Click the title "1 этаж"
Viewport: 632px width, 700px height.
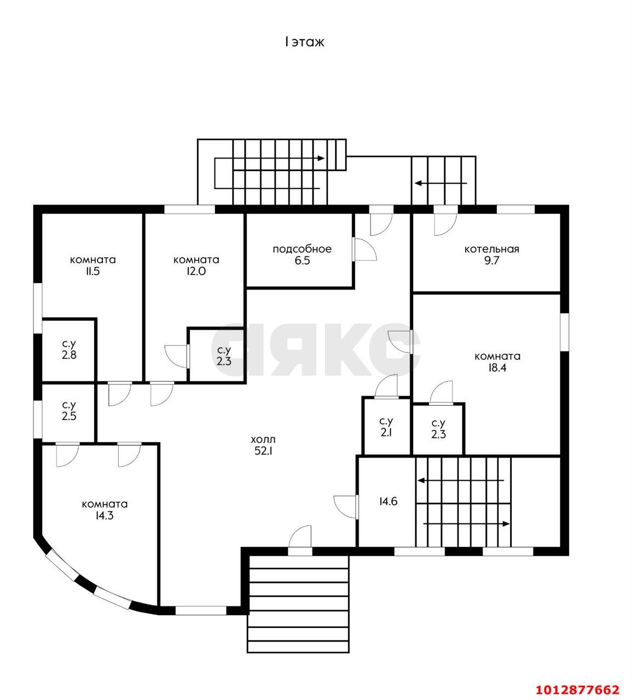pyautogui.click(x=304, y=42)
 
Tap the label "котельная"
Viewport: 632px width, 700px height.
pyautogui.click(x=491, y=249)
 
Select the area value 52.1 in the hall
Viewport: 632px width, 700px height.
pyautogui.click(x=263, y=451)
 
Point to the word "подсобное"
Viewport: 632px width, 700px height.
pyautogui.click(x=302, y=249)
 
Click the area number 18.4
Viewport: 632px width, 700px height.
pyautogui.click(x=497, y=367)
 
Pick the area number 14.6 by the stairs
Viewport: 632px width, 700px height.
pyautogui.click(x=389, y=501)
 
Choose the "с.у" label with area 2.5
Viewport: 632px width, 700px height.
pyautogui.click(x=69, y=405)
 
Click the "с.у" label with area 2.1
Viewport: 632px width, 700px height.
pyautogui.click(x=386, y=421)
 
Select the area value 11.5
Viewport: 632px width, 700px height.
pyautogui.click(x=92, y=271)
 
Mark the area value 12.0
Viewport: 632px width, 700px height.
pyautogui.click(x=196, y=271)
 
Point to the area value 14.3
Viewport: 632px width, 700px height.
pyautogui.click(x=105, y=515)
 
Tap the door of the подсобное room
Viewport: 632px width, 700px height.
pyautogui.click(x=365, y=249)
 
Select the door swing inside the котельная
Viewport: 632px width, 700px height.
pyautogui.click(x=446, y=225)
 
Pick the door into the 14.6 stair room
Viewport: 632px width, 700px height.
pyautogui.click(x=346, y=507)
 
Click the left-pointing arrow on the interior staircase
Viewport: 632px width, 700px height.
pyautogui.click(x=461, y=481)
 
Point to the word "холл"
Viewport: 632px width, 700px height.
pyautogui.click(x=263, y=439)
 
